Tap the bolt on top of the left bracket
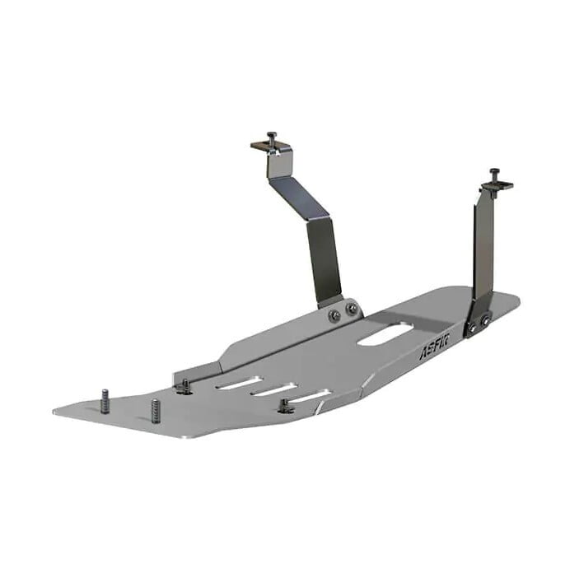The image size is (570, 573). (271, 137)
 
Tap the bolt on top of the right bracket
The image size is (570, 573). (494, 175)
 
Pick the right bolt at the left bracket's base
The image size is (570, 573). (353, 309)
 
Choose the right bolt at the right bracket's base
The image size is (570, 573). (487, 320)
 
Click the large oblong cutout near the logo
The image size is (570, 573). (385, 333)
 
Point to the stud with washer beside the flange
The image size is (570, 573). (183, 385)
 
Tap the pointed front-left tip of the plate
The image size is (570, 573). (56, 411)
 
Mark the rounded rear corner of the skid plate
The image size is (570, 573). (516, 301)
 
